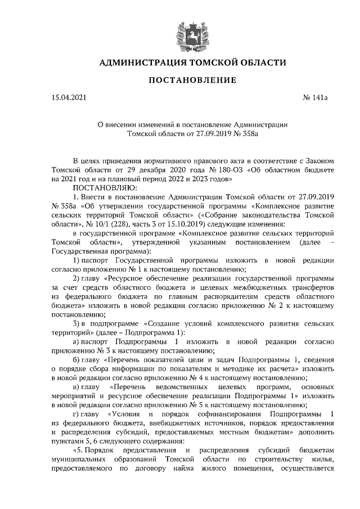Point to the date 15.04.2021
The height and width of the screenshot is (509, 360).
(x=69, y=99)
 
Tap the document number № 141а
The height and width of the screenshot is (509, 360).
(x=314, y=99)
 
